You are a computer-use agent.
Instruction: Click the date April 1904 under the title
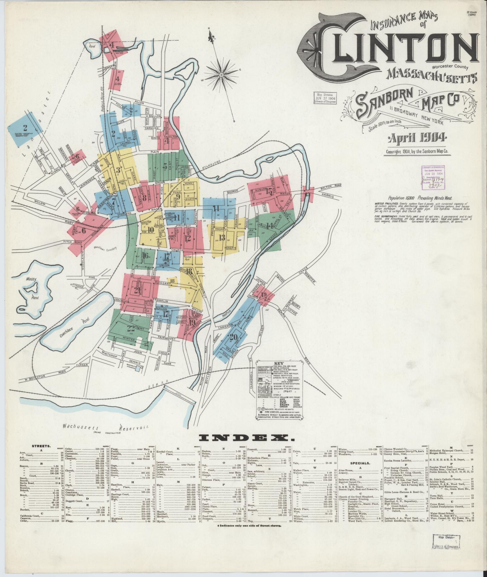tap(417, 138)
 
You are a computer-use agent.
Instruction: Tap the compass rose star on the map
tap(221, 75)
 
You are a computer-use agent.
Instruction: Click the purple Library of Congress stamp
tap(434, 178)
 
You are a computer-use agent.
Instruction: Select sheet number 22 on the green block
tap(131, 328)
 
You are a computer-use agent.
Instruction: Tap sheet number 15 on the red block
tap(268, 191)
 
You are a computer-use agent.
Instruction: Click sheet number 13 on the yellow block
tap(222, 238)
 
